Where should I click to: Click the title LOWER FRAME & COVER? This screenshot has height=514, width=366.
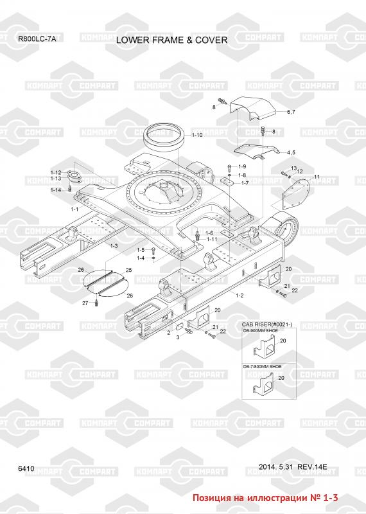click(171, 40)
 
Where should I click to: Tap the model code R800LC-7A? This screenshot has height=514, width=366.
click(37, 39)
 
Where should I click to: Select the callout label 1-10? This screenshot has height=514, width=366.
click(197, 135)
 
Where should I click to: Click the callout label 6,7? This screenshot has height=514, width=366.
click(291, 112)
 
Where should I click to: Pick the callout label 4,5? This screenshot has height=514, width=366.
click(291, 152)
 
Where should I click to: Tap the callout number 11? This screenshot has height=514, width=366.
click(317, 177)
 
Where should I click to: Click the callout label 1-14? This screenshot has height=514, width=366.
click(56, 190)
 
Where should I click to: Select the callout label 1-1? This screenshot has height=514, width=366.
click(74, 209)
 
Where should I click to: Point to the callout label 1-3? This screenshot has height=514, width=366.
click(114, 245)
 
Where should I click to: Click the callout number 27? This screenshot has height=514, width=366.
click(85, 303)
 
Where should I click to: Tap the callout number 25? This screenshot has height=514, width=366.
click(129, 270)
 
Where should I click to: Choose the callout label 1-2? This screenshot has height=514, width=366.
click(240, 296)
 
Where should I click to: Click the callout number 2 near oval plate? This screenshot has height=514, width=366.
click(168, 333)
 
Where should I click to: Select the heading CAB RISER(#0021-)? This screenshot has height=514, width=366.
click(267, 324)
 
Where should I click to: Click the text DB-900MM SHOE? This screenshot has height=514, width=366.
click(260, 331)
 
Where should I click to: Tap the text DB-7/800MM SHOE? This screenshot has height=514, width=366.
click(262, 366)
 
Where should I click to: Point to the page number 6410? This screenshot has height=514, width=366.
click(26, 468)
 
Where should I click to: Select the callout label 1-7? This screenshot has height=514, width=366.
click(245, 183)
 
